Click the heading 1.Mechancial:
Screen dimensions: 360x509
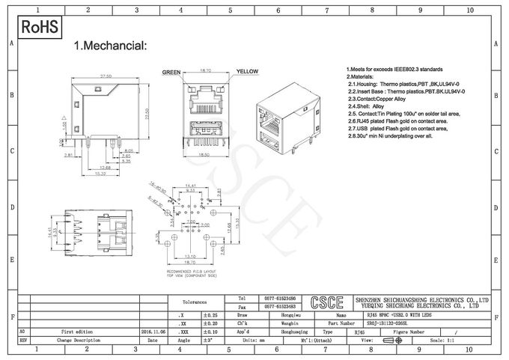[x=110, y=46]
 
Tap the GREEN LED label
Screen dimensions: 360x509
[x=172, y=73]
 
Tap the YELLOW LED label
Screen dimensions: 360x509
[x=248, y=72]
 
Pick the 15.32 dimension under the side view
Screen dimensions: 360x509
[x=99, y=174]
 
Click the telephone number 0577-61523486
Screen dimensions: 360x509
[x=276, y=298]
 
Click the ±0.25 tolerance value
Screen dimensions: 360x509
[x=210, y=317]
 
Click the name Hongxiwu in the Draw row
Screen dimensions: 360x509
[x=276, y=317]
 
